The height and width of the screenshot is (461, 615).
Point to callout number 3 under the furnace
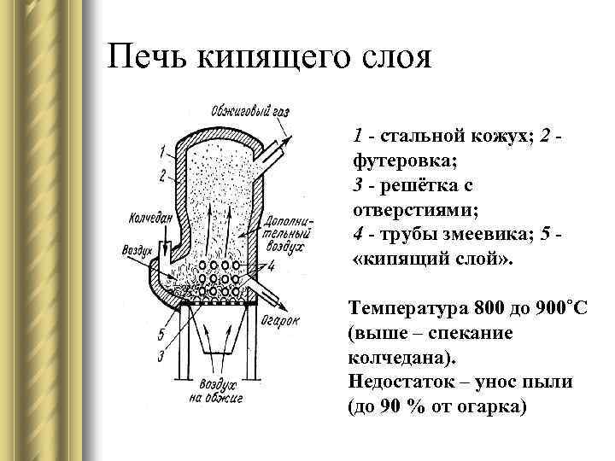coord(162,355)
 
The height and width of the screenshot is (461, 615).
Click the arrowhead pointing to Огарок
coord(281,306)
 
